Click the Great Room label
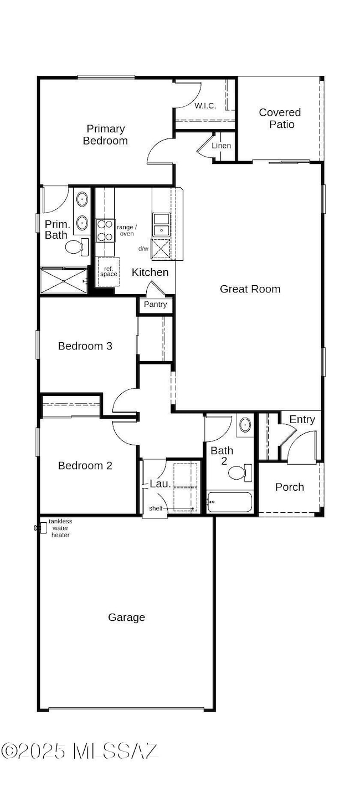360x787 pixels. point(250,289)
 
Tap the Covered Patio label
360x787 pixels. point(280,119)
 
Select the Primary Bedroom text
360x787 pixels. point(105,135)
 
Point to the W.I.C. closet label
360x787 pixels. point(205,106)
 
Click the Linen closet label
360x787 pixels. point(222,146)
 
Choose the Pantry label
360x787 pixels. point(155,304)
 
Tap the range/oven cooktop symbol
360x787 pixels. point(105,230)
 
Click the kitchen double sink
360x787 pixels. point(161,224)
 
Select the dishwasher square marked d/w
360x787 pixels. point(161,249)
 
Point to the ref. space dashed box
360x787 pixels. point(109,272)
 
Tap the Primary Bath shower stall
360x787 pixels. point(64,281)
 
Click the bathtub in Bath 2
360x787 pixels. point(230,502)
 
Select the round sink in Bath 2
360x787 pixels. point(245,425)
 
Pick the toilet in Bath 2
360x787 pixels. point(240,472)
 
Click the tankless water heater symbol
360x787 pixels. point(41,528)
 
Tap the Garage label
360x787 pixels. point(126,618)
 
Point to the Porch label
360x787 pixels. point(290,487)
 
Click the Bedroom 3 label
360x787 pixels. point(85,346)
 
